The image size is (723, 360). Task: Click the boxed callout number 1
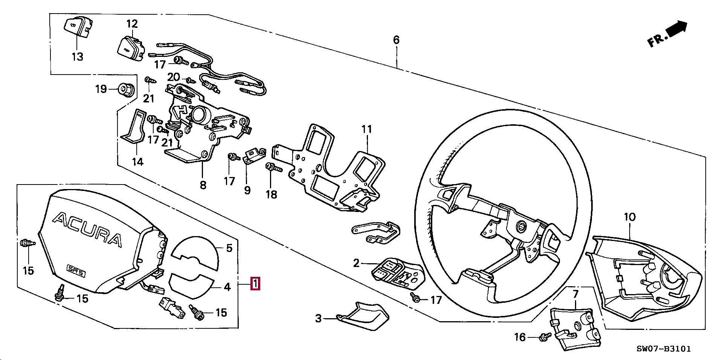[255, 284]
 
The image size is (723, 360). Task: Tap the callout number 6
[396, 40]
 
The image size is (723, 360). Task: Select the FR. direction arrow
[668, 34]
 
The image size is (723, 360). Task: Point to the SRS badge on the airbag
[76, 270]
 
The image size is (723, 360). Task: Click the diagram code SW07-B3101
[664, 349]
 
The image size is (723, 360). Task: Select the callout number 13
[77, 57]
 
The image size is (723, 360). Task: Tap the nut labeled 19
[124, 89]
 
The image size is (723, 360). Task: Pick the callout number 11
[366, 129]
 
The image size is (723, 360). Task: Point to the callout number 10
[630, 217]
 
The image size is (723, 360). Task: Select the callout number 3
[319, 319]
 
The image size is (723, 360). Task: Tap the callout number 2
[356, 263]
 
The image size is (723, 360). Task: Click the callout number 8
[203, 185]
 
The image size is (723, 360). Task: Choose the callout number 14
[138, 162]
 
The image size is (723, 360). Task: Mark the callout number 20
[174, 77]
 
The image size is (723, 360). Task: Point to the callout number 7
[575, 294]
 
